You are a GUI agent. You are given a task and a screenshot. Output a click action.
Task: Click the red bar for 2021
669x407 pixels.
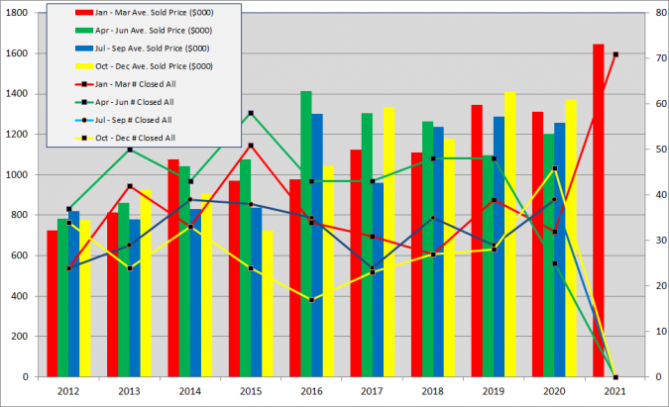click(x=599, y=210)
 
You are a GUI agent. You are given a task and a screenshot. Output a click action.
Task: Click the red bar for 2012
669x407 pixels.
click(x=52, y=303)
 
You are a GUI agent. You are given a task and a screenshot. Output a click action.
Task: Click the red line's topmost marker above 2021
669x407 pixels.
click(x=615, y=54)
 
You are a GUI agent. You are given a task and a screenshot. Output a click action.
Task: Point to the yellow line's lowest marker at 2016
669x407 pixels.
click(x=312, y=300)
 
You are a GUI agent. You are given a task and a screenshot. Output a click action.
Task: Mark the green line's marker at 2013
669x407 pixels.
click(x=130, y=150)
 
